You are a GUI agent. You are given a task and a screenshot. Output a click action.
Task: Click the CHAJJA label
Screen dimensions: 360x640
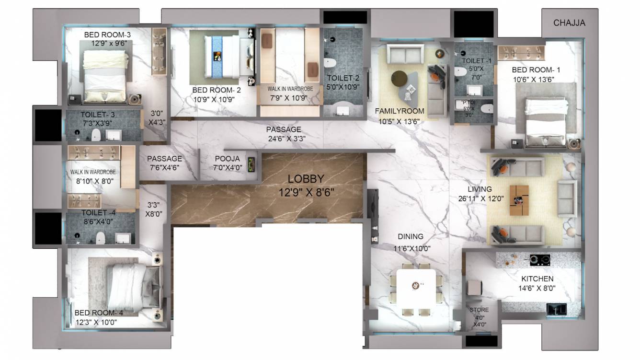569,23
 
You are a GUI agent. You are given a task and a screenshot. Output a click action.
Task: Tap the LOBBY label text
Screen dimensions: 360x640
306,179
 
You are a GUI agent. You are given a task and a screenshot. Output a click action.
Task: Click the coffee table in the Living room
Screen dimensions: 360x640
519,200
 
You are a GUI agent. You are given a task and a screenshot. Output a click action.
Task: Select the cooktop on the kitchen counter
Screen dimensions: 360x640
539,260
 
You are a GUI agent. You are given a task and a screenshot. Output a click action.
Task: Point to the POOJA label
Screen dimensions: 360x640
227,159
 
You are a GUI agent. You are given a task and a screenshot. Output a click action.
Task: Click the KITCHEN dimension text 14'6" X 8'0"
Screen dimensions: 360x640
537,288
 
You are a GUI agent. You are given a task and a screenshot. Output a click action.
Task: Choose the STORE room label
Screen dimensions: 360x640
479,310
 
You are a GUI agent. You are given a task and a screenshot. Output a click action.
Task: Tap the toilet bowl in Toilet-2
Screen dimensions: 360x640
330,63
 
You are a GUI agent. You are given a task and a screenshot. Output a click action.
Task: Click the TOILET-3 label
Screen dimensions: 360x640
98,115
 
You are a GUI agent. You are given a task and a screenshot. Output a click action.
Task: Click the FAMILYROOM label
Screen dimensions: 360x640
400,111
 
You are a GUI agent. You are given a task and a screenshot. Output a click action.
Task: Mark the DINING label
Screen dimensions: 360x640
411,236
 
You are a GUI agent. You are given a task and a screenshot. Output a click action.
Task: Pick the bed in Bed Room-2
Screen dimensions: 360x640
223,56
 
